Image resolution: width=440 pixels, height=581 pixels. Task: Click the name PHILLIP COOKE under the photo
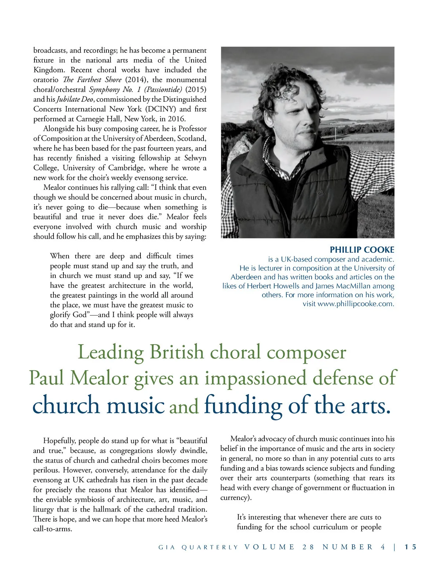pos(362,250)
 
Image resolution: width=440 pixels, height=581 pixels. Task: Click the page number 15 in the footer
pos(411,547)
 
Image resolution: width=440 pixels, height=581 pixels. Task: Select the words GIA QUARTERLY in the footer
pos(198,547)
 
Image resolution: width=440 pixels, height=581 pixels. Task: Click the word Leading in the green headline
pos(110,352)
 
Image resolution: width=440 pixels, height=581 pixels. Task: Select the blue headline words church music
pos(99,405)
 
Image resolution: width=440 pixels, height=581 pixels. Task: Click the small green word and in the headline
pos(184,407)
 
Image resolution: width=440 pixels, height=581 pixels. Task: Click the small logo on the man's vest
pos(320,192)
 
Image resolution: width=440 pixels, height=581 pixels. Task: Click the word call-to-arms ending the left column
pos(52,529)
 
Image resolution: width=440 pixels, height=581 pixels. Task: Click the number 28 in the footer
pos(308,547)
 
